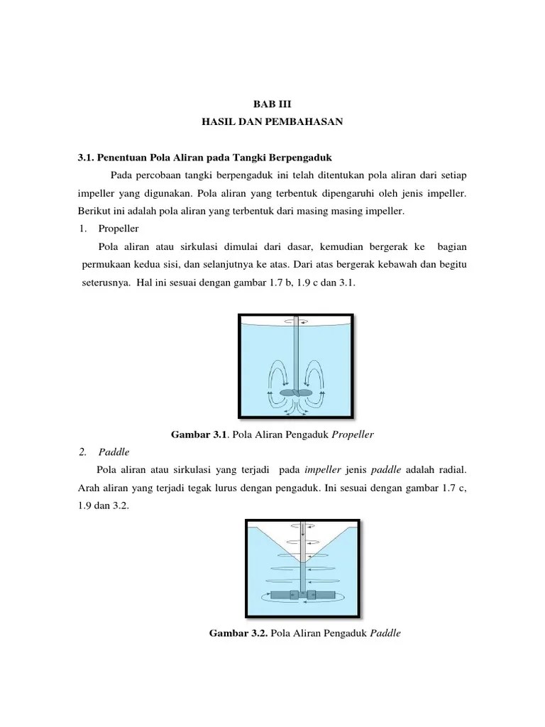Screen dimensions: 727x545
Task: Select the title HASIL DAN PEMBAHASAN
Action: tap(272, 122)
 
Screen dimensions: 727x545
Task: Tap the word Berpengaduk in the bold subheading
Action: tap(307, 157)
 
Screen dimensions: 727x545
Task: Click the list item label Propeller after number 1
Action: tap(119, 229)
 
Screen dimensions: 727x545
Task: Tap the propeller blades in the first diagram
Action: tap(296, 392)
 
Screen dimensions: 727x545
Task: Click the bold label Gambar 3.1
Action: tap(197, 433)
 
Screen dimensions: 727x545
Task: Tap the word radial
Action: tap(449, 470)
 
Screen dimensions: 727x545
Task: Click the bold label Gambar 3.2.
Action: tap(237, 630)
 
